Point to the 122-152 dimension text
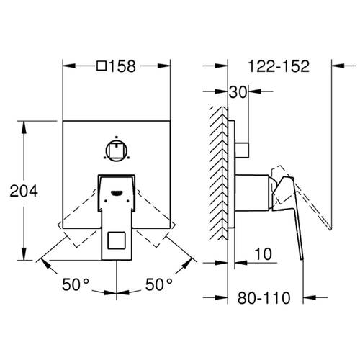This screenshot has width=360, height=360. (277, 66)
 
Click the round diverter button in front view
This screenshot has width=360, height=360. (116, 150)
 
